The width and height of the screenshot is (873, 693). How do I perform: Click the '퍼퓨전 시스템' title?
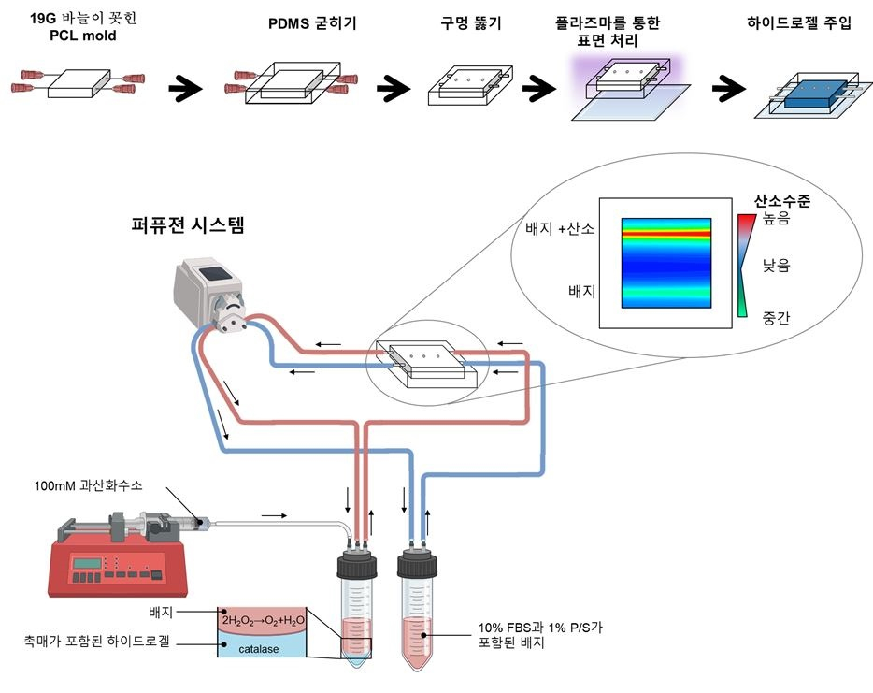click(192, 225)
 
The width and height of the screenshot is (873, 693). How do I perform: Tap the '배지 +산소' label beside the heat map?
click(553, 229)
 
